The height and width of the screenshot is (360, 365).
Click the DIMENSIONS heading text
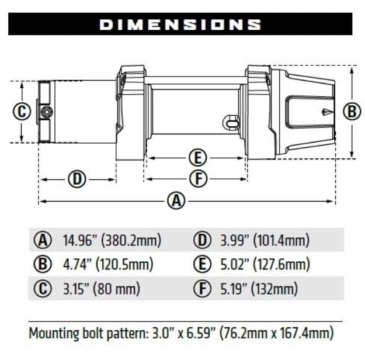(180, 25)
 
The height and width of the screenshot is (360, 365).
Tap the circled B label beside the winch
(352, 111)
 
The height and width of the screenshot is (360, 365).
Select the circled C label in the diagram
(21, 111)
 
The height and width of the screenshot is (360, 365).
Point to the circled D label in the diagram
(77, 178)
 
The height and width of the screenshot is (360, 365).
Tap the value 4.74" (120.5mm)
(108, 264)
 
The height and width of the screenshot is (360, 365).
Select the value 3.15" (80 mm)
(102, 288)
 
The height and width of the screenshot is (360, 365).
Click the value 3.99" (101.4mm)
(265, 240)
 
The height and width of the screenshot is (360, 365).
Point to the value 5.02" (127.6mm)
(265, 264)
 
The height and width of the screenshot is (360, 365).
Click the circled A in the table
(42, 240)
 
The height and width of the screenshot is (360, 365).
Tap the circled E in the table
(200, 264)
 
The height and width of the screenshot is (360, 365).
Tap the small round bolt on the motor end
(46, 112)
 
